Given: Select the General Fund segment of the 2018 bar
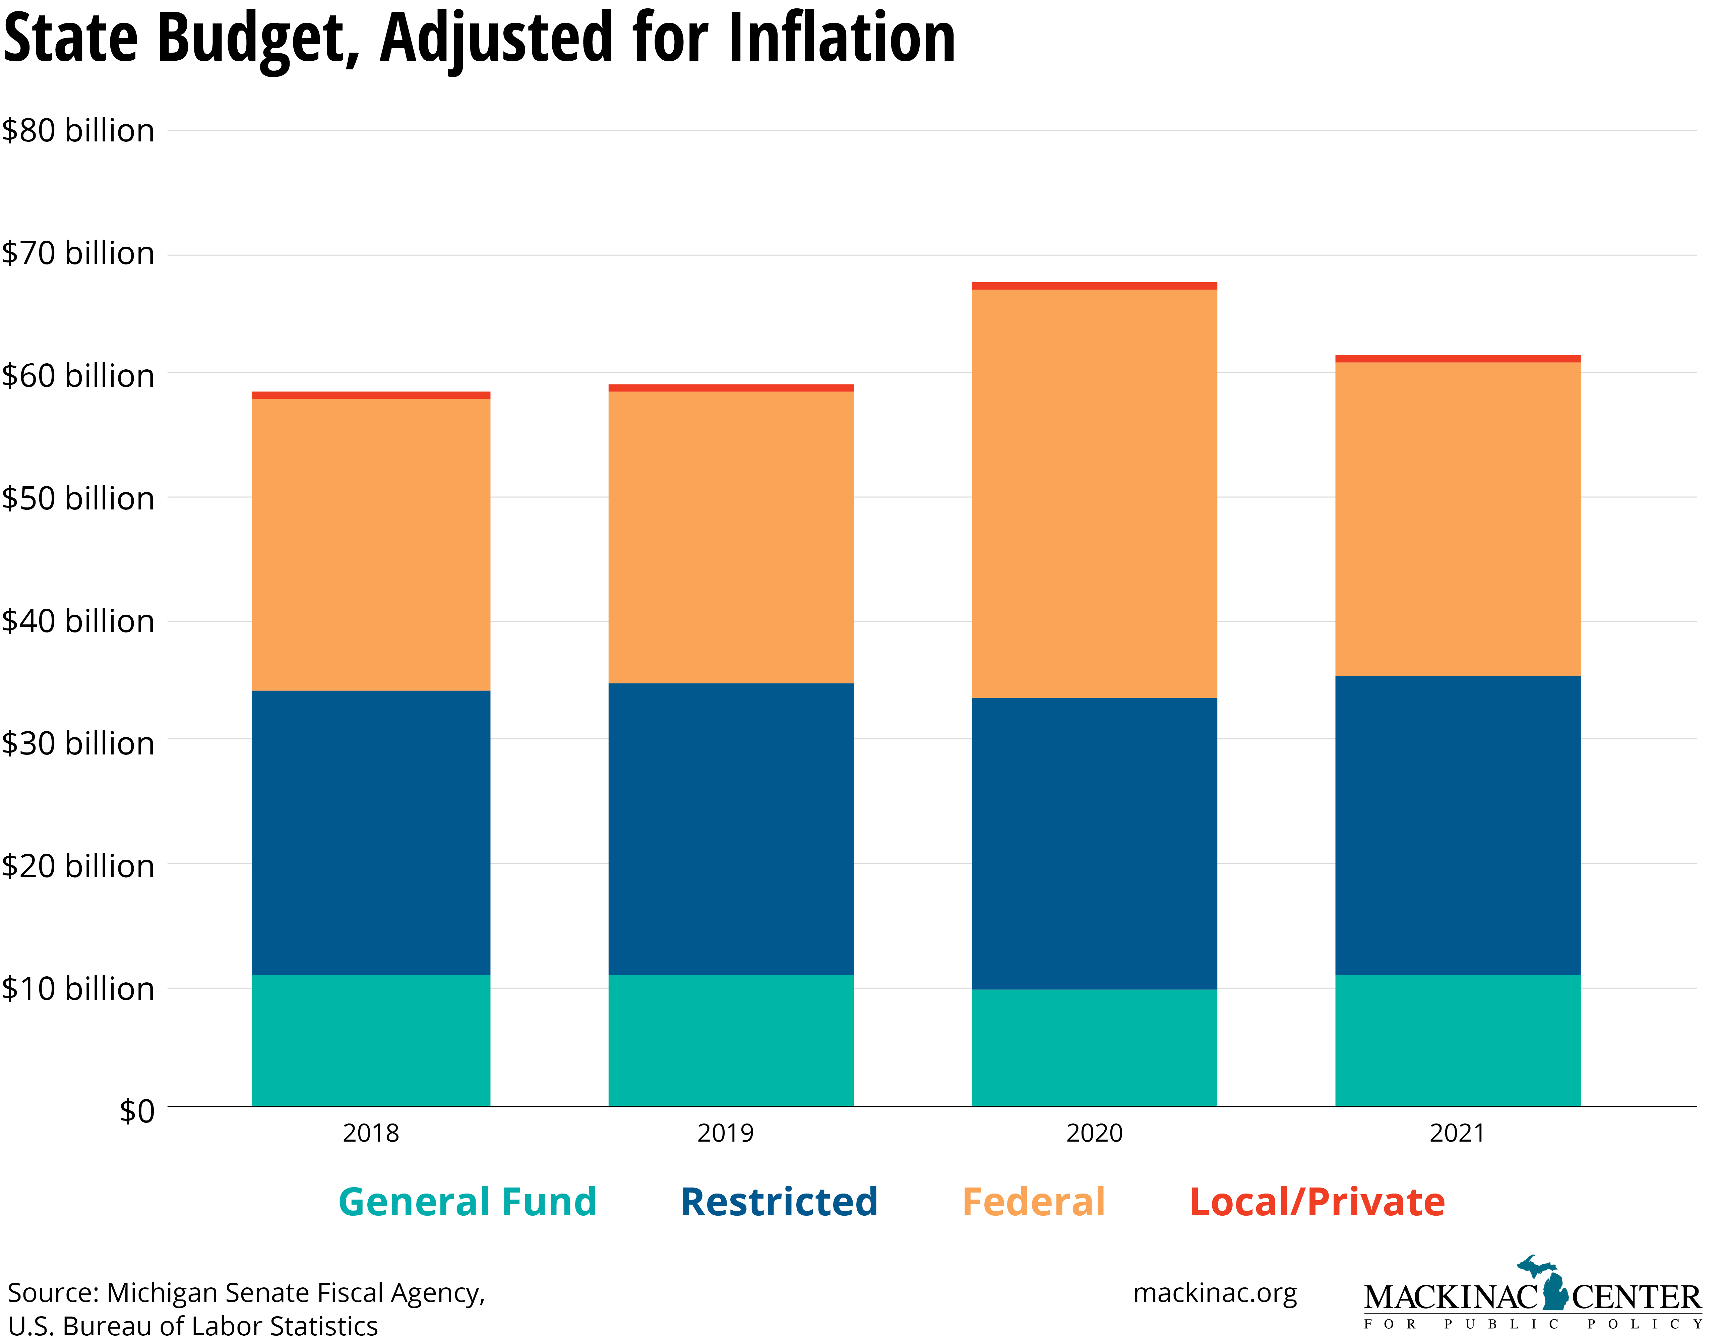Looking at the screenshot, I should click(x=371, y=1040).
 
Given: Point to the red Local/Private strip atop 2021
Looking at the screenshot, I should click(x=1458, y=359).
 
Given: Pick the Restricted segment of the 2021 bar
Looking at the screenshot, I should click(x=1458, y=825).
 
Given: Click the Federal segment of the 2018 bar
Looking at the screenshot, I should click(x=371, y=545).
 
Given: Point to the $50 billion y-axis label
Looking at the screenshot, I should click(x=78, y=498).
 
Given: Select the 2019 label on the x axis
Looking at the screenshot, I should click(x=725, y=1133).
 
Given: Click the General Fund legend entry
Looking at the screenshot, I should click(x=467, y=1202).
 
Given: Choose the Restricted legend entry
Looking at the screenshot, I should click(x=779, y=1202).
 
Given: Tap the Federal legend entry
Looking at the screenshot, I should click(x=1033, y=1202).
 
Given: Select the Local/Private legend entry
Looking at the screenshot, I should click(x=1317, y=1202).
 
